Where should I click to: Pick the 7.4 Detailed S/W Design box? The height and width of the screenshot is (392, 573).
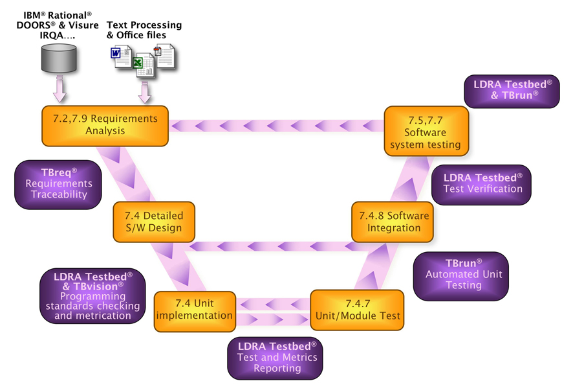click(x=149, y=221)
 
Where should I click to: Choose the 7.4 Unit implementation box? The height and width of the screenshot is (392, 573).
click(x=194, y=310)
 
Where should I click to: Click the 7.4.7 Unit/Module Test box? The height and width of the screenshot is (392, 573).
click(x=357, y=310)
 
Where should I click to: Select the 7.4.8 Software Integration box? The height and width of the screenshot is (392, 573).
click(x=394, y=221)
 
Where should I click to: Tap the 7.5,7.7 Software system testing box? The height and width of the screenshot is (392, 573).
click(x=425, y=132)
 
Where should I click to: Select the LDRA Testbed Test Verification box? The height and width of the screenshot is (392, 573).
click(x=482, y=183)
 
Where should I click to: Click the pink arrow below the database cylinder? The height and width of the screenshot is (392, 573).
click(x=59, y=89)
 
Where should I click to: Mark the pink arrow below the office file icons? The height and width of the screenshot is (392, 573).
click(x=145, y=92)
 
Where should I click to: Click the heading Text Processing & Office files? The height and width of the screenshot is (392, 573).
click(x=144, y=30)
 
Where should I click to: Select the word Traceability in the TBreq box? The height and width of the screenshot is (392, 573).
click(x=58, y=194)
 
